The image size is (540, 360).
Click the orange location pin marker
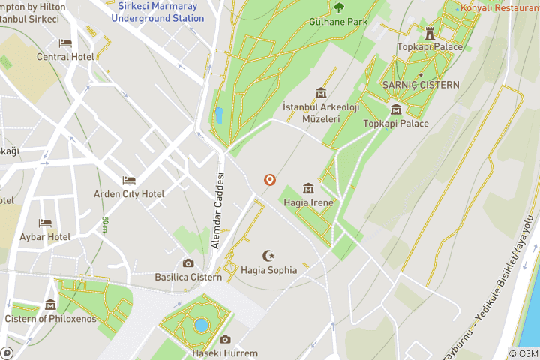[269, 180]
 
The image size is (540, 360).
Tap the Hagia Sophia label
[269, 270]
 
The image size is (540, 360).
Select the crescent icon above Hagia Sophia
[268, 256]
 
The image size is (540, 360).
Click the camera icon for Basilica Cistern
[188, 263]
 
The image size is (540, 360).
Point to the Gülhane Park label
[338, 22]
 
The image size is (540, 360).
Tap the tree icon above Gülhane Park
[339, 8]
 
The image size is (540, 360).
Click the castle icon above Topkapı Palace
[430, 33]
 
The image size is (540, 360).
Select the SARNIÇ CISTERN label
[421, 85]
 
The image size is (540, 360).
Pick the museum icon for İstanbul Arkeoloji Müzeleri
[321, 93]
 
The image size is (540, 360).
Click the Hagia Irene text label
[308, 202]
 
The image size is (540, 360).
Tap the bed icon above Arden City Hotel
[129, 181]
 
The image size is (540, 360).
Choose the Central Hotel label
[64, 57]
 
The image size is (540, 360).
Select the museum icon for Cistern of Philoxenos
[50, 304]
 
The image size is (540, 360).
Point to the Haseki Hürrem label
[225, 353]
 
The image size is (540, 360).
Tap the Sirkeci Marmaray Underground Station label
[157, 12]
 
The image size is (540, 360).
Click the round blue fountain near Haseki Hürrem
[201, 325]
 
